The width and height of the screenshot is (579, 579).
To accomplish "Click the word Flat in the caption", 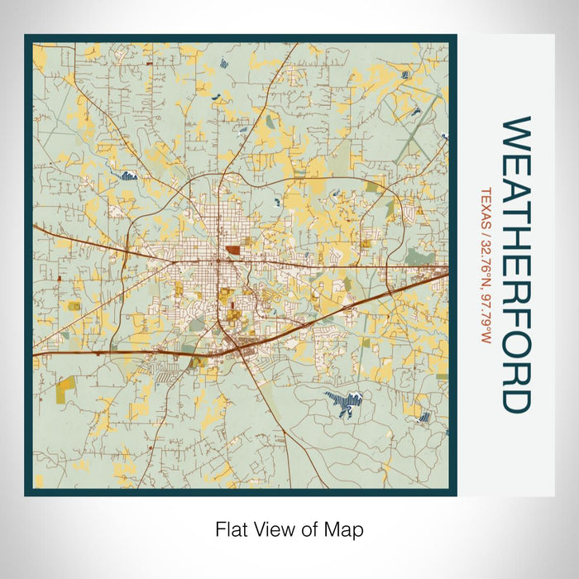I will (231, 529).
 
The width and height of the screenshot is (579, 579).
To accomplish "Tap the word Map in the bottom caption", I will (347, 529).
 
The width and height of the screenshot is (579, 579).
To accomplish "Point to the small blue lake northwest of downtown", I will (127, 175).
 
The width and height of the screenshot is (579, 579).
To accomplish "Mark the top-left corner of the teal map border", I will (27, 37).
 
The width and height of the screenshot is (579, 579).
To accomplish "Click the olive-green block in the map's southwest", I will (65, 384).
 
